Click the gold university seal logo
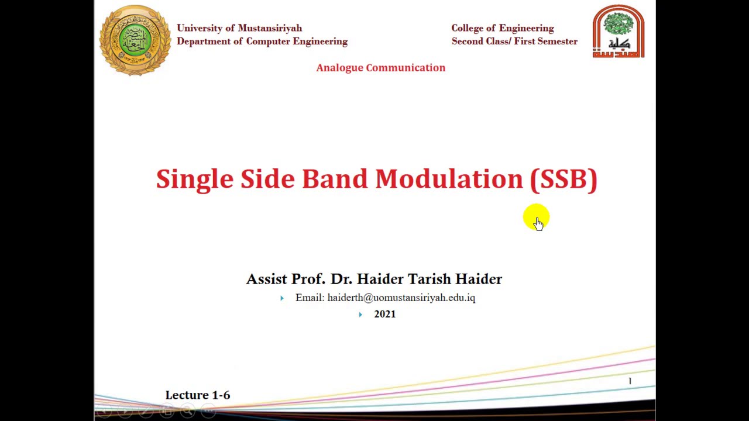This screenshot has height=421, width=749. pyautogui.click(x=135, y=40)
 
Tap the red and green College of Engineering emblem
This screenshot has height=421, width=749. pyautogui.click(x=619, y=32)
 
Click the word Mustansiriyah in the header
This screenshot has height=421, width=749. pyautogui.click(x=270, y=28)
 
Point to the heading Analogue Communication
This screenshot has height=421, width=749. pyautogui.click(x=380, y=68)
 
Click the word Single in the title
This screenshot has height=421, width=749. pyautogui.click(x=194, y=179)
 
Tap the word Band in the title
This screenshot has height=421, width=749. pyautogui.click(x=334, y=179)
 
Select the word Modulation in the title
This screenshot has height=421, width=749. pyautogui.click(x=449, y=179)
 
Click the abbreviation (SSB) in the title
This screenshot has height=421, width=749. pyautogui.click(x=564, y=179)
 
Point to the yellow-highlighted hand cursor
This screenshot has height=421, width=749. pyautogui.click(x=537, y=219)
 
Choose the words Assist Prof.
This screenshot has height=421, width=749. pyautogui.click(x=285, y=279)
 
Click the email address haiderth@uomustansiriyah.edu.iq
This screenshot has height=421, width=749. pyautogui.click(x=401, y=298)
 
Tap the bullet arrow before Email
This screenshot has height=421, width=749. pyautogui.click(x=282, y=298)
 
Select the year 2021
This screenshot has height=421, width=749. pyautogui.click(x=384, y=314)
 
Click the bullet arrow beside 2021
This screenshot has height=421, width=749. pyautogui.click(x=360, y=315)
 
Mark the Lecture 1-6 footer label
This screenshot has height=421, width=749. pyautogui.click(x=198, y=395)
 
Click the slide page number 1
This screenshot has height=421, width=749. pyautogui.click(x=630, y=381)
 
